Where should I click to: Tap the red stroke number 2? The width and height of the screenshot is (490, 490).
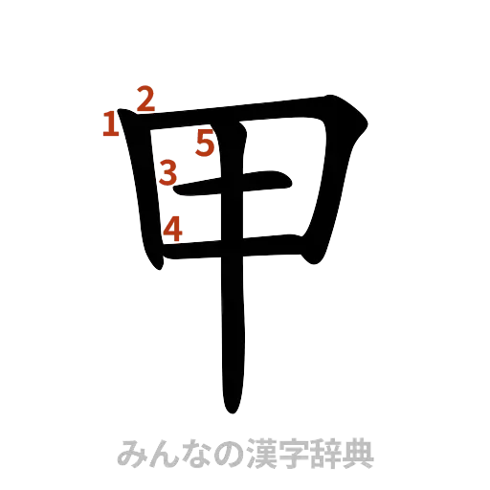[x=146, y=99]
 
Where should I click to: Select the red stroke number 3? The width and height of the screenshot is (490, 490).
[x=167, y=173]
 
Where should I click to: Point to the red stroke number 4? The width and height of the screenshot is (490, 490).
[x=173, y=228]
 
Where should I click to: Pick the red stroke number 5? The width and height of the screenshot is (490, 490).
[x=205, y=144]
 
